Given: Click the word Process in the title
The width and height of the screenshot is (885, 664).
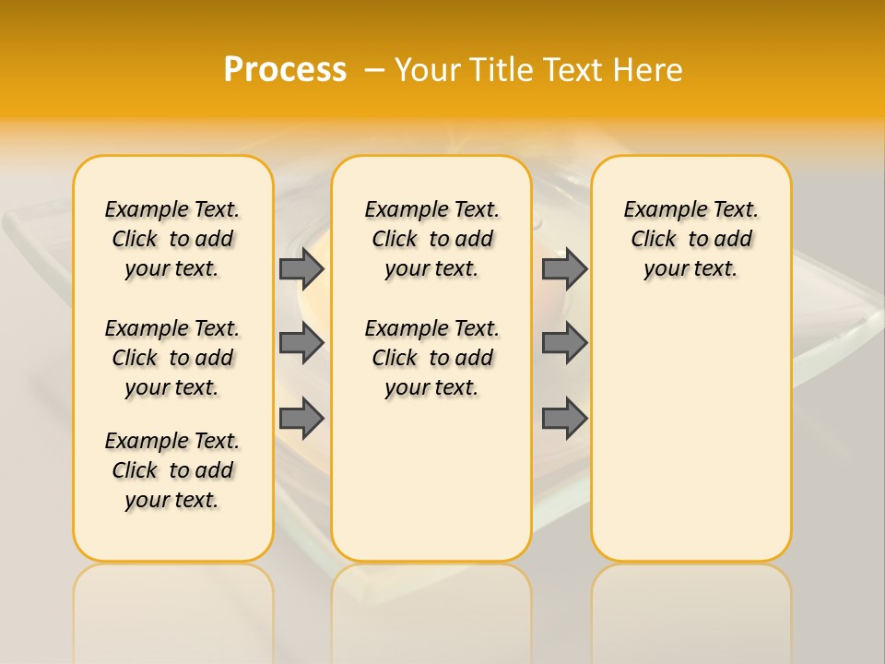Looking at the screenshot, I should coord(285,70).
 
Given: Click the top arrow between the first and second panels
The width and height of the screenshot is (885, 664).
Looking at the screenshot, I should coord(301,268).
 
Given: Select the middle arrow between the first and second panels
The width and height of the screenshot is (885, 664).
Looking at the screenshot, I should coord(301,343).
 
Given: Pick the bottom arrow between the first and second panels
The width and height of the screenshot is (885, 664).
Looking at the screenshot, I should coord(301,418).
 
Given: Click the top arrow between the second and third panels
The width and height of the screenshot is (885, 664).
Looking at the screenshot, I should coord(564,268).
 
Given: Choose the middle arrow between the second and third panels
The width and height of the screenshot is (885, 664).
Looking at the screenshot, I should coord(564,343).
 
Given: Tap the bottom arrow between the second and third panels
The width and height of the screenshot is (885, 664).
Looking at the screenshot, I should coord(564,418).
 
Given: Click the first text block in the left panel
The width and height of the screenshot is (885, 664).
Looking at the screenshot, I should coord(172,239).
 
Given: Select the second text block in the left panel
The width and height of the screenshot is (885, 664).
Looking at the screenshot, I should coord(172,358).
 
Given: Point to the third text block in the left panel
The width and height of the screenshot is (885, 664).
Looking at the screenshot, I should coord(172,470).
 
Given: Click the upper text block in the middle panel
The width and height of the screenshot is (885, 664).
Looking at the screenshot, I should coord(431,239).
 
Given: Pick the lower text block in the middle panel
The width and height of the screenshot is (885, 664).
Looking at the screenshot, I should coord(431,358).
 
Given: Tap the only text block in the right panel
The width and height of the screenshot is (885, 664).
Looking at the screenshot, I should coord(691,239).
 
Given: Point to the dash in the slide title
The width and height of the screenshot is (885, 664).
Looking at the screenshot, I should coord(374,70).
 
